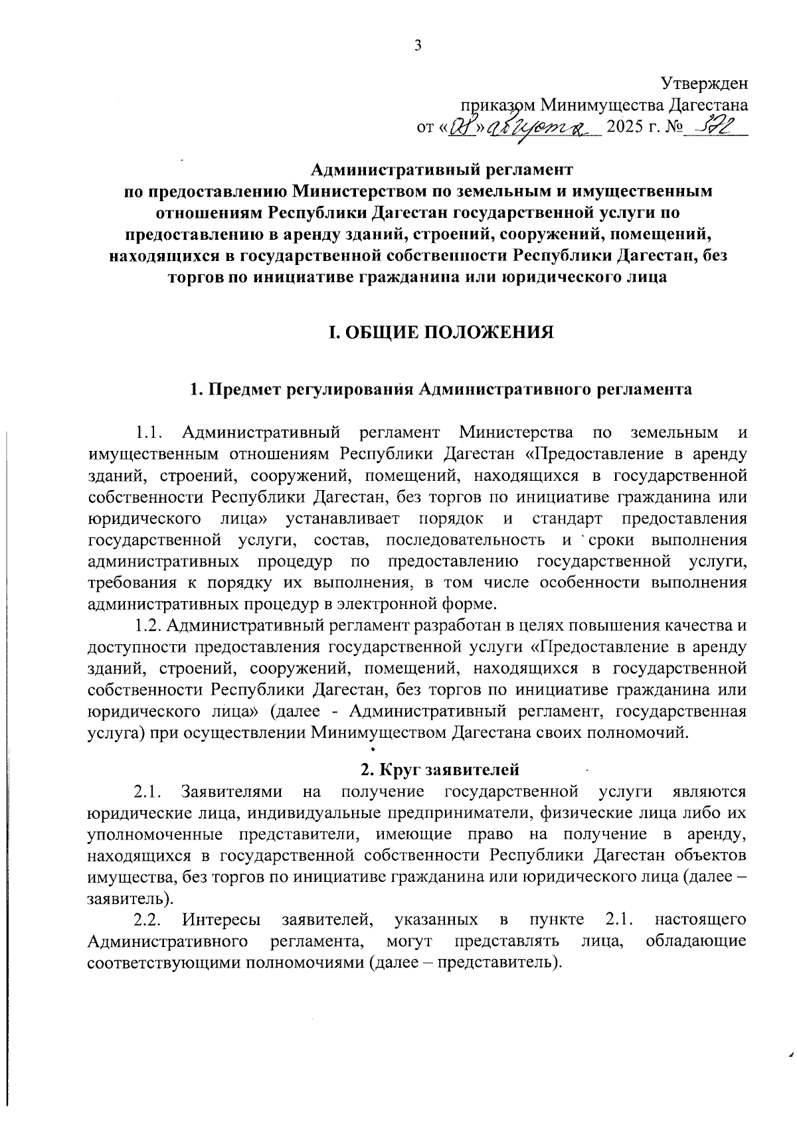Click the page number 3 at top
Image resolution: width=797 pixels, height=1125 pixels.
coord(418,45)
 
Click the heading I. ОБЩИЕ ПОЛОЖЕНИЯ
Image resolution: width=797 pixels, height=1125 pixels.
coord(442,332)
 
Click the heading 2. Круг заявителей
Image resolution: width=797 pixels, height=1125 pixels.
coord(439,770)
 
